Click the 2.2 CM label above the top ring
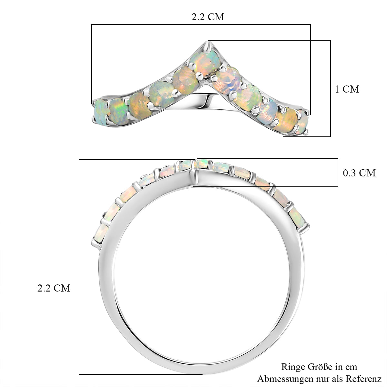coord(208,17)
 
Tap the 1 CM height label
coord(347,89)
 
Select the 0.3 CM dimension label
coord(359,173)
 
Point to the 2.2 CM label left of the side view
coord(54,288)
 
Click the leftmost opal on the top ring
coord(101,113)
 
